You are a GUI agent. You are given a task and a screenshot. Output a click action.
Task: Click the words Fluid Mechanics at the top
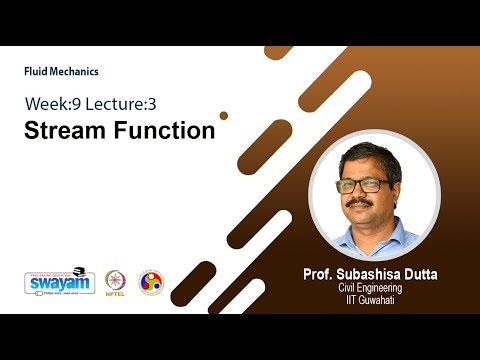pyautogui.click(x=61, y=71)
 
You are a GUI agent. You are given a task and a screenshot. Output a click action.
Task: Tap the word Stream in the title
pyautogui.click(x=66, y=130)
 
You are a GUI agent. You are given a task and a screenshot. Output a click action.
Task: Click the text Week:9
pyautogui.click(x=54, y=103)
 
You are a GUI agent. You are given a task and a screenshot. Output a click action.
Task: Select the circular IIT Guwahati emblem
pyautogui.click(x=150, y=282)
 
